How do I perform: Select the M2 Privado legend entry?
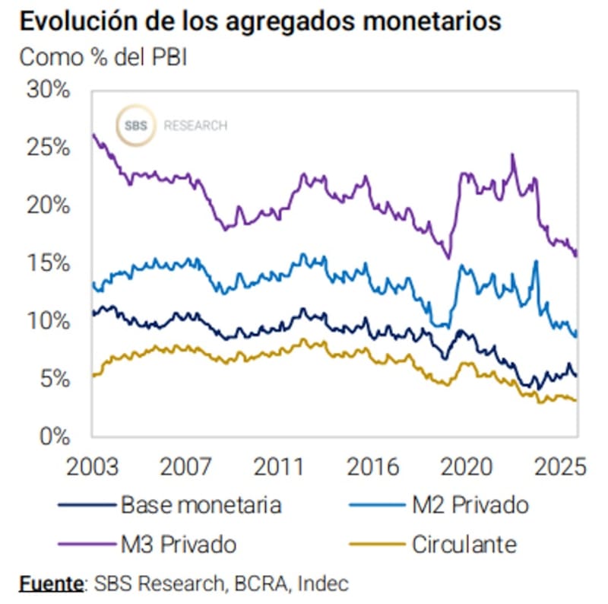coord(470,504)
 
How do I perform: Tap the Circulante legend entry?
coord(464,545)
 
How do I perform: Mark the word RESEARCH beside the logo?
coord(195,126)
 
